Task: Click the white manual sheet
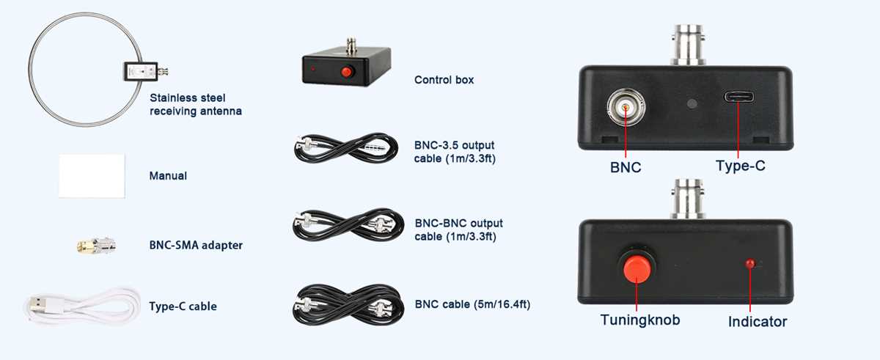click(92, 175)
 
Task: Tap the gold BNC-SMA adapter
click(96, 246)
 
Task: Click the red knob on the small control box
click(346, 72)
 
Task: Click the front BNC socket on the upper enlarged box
click(626, 106)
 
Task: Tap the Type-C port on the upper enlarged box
click(739, 97)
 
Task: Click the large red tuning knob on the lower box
click(637, 268)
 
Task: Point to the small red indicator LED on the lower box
click(750, 263)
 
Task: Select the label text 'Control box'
click(444, 80)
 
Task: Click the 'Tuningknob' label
click(640, 320)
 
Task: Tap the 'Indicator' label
click(758, 322)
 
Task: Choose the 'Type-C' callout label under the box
click(741, 166)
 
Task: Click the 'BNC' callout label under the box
click(626, 167)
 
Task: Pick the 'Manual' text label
click(168, 175)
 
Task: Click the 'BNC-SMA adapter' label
click(196, 245)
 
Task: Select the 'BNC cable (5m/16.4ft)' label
click(472, 304)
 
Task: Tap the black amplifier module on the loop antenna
click(141, 71)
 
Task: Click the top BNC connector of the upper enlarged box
click(689, 45)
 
